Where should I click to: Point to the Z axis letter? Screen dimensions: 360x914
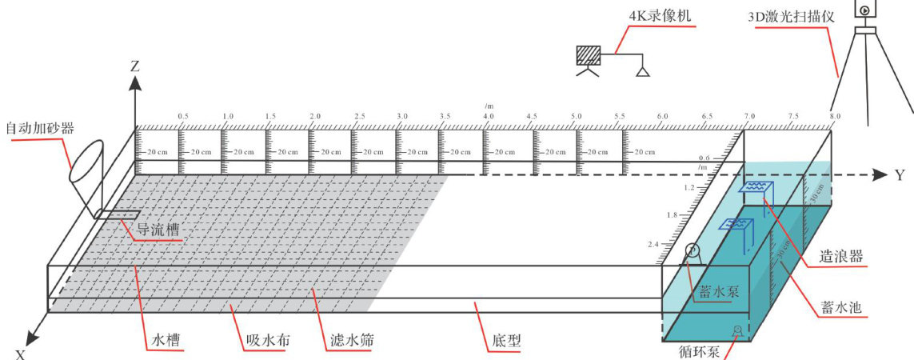tap(135, 67)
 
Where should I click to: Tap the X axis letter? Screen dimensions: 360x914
tap(21, 353)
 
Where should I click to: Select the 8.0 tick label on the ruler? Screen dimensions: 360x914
tap(835, 117)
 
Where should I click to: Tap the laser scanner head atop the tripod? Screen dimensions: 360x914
tap(865, 9)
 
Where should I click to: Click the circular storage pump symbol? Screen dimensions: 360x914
tap(692, 251)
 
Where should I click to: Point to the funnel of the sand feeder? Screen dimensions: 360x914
tap(86, 160)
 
